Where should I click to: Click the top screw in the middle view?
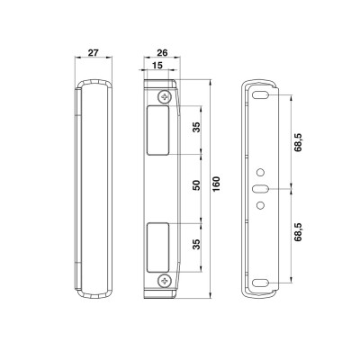pos(164,96)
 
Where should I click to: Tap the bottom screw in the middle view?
pos(164,281)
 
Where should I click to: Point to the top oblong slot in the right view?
pos(262,95)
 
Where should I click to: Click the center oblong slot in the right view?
pos(262,189)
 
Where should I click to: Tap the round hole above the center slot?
pos(262,172)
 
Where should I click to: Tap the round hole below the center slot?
pos(262,206)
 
